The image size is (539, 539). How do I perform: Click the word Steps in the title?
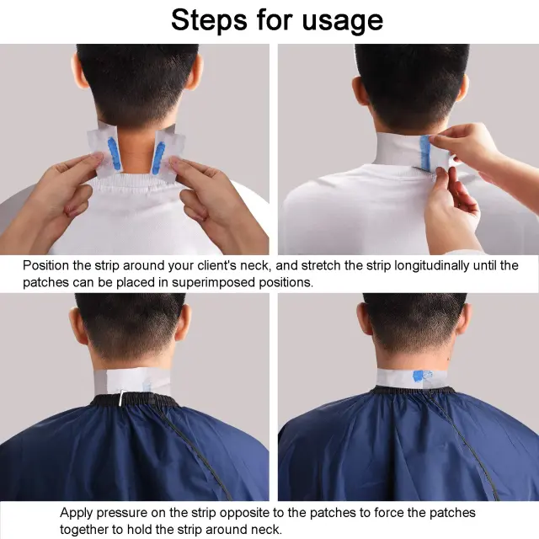pyautogui.click(x=209, y=20)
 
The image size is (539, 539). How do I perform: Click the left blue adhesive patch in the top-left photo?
pyautogui.click(x=115, y=152)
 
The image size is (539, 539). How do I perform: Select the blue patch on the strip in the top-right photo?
pyautogui.click(x=425, y=152)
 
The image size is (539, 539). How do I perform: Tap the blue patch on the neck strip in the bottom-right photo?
pyautogui.click(x=419, y=376)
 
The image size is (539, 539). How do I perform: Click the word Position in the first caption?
pyautogui.click(x=46, y=266)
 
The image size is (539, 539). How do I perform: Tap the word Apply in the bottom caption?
pyautogui.click(x=77, y=513)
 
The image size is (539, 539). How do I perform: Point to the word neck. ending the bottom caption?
pyautogui.click(x=266, y=530)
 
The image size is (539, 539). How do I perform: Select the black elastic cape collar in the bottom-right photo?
pyautogui.click(x=414, y=390)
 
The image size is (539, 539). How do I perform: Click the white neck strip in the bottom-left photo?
pyautogui.click(x=132, y=381)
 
